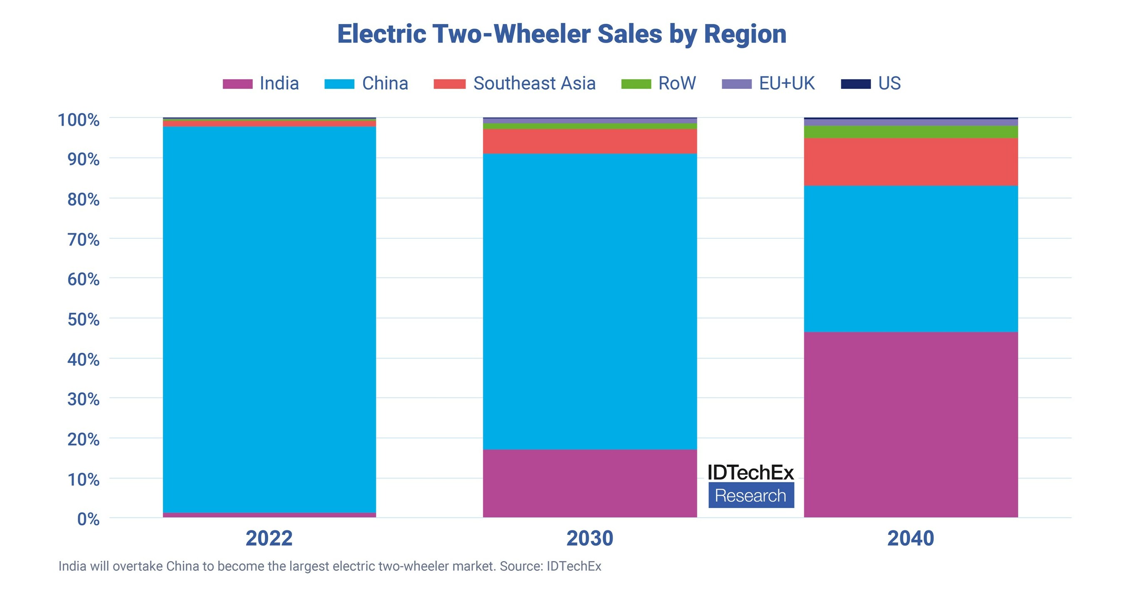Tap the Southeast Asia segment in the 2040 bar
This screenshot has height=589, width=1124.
(911, 162)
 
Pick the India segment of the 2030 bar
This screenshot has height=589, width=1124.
(590, 484)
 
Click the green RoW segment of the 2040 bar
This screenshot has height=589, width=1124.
(911, 132)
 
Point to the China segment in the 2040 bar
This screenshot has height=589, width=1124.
(911, 259)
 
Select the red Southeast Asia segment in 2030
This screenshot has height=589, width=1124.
(590, 141)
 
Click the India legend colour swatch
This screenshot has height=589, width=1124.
(237, 84)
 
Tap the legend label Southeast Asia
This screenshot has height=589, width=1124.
(534, 83)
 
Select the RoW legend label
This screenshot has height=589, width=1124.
(677, 83)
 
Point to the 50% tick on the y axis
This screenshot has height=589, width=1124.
(83, 319)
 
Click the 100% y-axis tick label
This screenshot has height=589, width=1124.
(79, 120)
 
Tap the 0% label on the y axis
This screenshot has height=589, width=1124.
(88, 519)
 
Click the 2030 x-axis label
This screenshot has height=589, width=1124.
(590, 539)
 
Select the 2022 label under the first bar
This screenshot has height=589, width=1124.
(269, 539)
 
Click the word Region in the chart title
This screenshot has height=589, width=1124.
(745, 34)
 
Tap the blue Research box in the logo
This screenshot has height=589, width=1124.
(751, 495)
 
